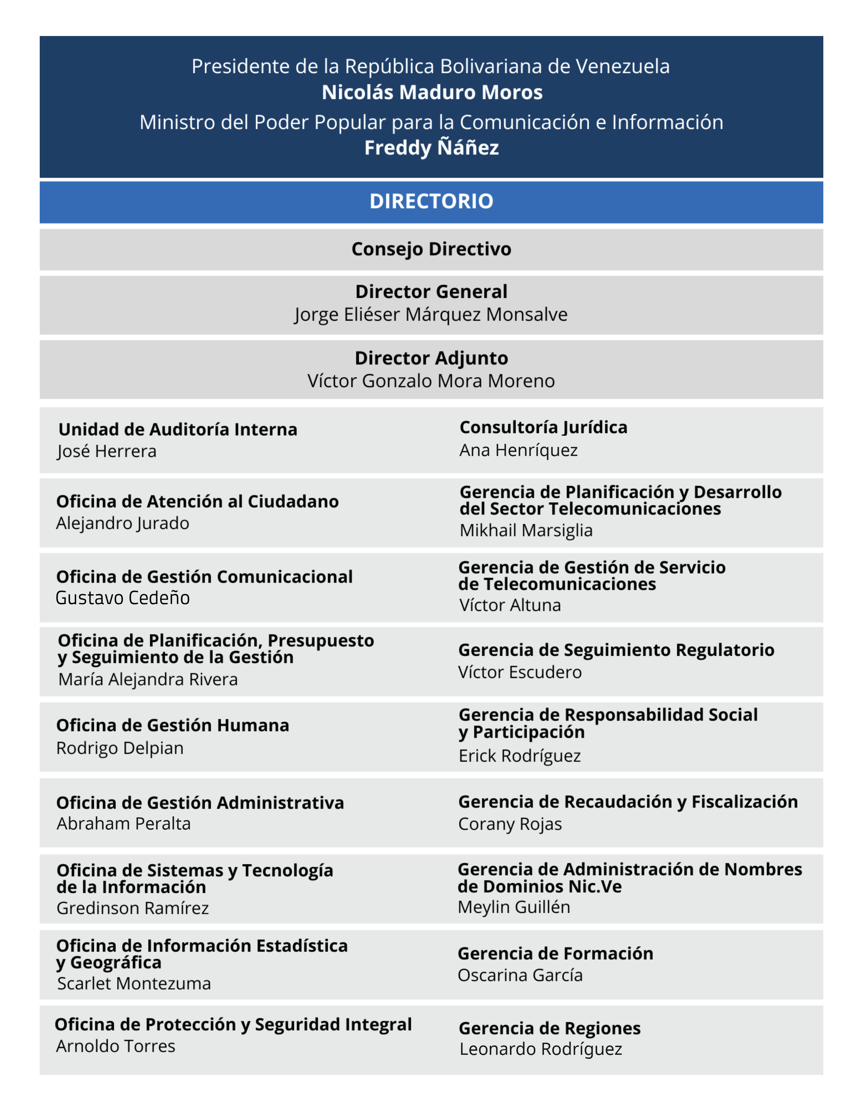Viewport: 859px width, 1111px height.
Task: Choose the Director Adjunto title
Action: coord(432,358)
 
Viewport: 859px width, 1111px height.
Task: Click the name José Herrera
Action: coord(107,451)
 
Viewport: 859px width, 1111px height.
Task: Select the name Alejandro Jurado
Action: coord(123,523)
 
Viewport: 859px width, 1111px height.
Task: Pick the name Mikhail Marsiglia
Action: coord(526,530)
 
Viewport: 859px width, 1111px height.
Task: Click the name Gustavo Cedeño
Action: coord(123,598)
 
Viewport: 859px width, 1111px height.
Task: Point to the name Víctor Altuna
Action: coord(510,605)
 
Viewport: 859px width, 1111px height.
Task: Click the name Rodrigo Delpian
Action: coord(120,748)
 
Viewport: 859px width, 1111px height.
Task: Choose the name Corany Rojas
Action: coord(510,824)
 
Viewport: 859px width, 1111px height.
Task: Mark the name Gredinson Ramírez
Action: coord(133,908)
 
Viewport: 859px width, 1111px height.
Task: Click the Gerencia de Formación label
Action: coord(555,953)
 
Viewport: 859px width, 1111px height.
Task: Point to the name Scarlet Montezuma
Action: coord(134,983)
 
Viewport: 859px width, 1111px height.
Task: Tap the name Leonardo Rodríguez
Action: coord(541,1049)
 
